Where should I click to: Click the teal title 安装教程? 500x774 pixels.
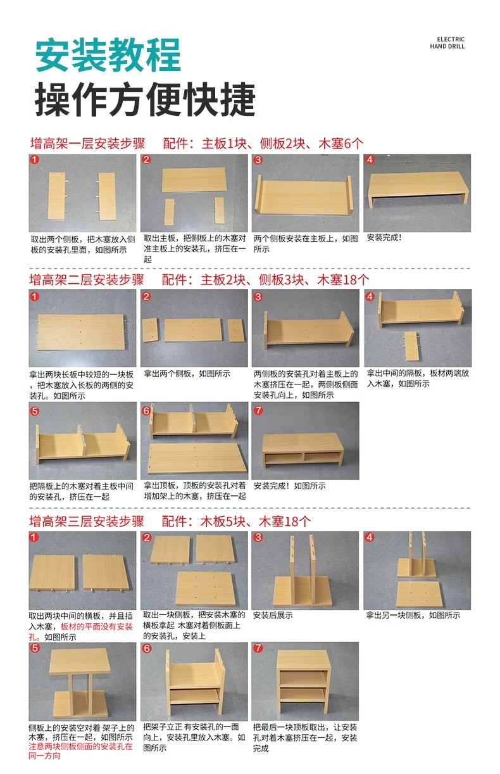pos(108,55)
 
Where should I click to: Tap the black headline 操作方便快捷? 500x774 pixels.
pos(145,99)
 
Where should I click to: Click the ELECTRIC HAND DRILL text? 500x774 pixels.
pos(447,43)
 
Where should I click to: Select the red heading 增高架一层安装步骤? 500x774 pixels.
pos(87,143)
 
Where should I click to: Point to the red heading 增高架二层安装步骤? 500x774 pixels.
pos(86,279)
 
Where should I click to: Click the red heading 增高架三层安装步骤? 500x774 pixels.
pos(86,521)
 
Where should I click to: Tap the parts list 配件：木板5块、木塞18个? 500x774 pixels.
pos(236,521)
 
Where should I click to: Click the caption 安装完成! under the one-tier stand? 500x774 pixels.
pos(384,238)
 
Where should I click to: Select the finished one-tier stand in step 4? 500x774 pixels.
pos(418,189)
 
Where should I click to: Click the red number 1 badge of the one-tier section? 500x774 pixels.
pos(35,160)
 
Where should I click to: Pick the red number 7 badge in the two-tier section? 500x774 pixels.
pos(258,410)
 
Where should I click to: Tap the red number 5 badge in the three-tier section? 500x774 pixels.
pos(35,648)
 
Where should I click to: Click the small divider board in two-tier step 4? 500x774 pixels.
pos(412,346)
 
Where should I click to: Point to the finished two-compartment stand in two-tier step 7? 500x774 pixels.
pos(303,450)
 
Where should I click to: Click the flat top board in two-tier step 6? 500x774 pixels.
pos(197,459)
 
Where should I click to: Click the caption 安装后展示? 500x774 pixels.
pos(273,615)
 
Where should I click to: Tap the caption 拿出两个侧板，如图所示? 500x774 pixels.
pos(187,374)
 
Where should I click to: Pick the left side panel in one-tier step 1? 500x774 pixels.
pos(56,196)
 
